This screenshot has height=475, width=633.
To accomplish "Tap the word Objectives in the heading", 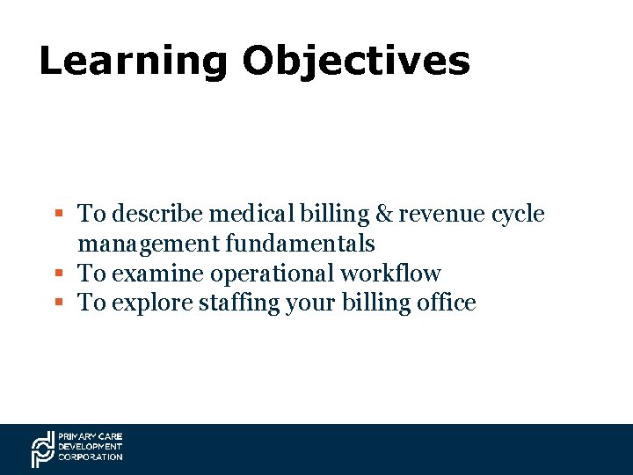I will [356, 62].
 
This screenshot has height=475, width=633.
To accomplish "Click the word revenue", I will [444, 214].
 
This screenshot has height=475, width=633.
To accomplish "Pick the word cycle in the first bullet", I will [520, 214].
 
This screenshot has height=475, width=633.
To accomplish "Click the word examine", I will [151, 274].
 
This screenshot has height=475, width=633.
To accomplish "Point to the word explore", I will [148, 303].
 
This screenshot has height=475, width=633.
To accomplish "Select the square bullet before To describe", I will [58, 214].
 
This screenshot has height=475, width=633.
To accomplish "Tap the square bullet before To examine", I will [58, 274].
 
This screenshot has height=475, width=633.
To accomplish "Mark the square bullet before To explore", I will [58, 303].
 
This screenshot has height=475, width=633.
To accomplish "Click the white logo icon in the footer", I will [43, 449].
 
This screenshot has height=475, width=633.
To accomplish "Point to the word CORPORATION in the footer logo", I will [91, 457].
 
